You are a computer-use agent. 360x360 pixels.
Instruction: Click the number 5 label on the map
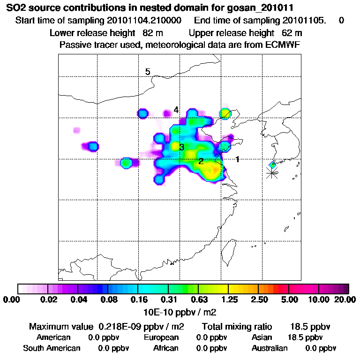tap(148, 72)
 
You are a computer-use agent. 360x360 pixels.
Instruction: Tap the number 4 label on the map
tap(176, 110)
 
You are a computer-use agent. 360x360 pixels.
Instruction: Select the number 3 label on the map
tap(181, 148)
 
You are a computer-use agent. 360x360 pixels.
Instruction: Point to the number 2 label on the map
tap(201, 161)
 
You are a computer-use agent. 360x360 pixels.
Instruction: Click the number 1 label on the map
tap(238, 159)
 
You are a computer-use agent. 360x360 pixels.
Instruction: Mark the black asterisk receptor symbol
tap(271, 172)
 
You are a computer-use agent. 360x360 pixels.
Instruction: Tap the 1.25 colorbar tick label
tap(228, 300)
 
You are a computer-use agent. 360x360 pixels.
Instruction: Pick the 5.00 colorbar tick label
tap(289, 300)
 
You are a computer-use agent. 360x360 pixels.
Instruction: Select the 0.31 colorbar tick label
tap(168, 300)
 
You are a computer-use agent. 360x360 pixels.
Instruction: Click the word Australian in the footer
tap(270, 348)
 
